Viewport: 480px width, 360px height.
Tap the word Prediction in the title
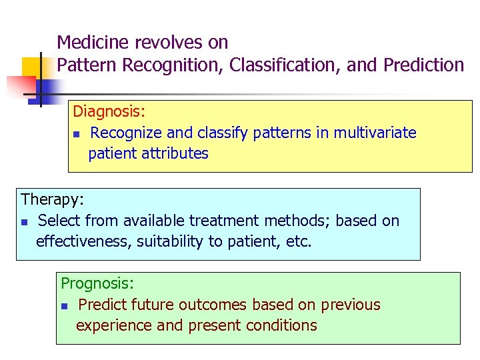pyautogui.click(x=423, y=65)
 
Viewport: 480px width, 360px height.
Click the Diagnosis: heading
pyautogui.click(x=109, y=111)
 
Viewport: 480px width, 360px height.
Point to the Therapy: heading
pyautogui.click(x=53, y=199)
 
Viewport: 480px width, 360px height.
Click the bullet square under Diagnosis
pyautogui.click(x=76, y=135)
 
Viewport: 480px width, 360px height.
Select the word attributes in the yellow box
pyautogui.click(x=175, y=153)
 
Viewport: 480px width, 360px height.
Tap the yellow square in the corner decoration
pyautogui.click(x=32, y=67)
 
